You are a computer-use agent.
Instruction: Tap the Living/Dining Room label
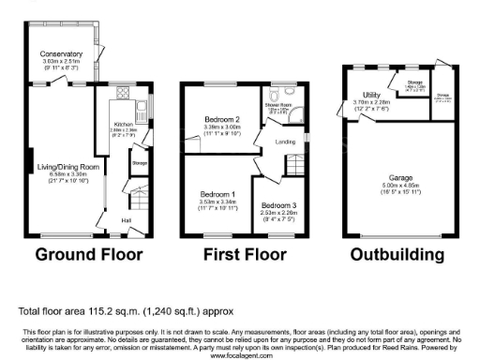coord(68,166)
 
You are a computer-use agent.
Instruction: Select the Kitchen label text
coord(126,124)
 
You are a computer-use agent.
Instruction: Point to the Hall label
coord(125,221)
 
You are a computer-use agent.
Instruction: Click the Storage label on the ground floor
coord(140,164)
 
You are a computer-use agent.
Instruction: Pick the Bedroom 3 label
coord(278,205)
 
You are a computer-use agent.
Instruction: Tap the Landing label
coord(284,142)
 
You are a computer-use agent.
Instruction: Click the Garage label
coord(401,175)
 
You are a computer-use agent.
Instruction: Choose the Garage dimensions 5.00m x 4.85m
coord(401,184)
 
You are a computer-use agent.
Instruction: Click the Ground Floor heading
coord(89,254)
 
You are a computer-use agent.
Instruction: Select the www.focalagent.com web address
coord(240,356)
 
